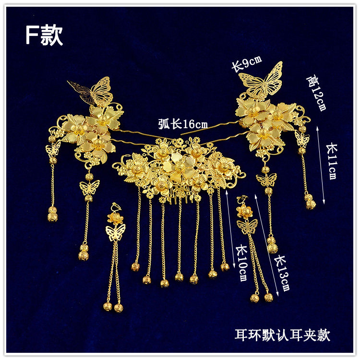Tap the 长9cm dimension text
tap(247, 63)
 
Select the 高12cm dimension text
tap(318, 93)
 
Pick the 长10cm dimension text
tap(241, 264)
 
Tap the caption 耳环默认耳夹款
tap(282, 334)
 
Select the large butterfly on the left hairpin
tap(94, 91)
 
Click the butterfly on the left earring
tap(115, 232)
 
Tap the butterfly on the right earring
tap(248, 226)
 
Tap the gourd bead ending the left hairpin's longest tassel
tap(84, 252)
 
